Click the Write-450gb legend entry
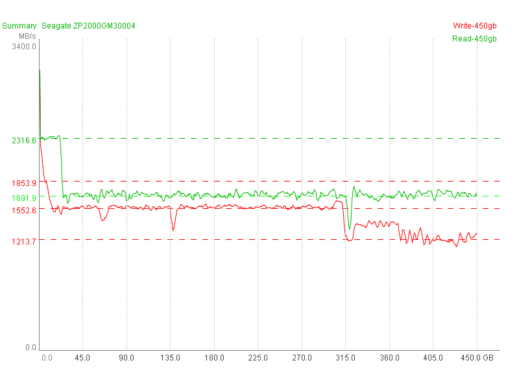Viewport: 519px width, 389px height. point(474,26)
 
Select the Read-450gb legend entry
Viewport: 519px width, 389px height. point(474,39)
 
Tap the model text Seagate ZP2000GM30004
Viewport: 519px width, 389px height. point(88,26)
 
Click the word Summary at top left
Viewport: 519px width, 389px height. point(19,26)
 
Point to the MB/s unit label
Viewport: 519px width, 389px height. point(27,36)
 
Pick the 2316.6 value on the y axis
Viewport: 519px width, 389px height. point(24,141)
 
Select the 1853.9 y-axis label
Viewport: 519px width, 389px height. point(24,183)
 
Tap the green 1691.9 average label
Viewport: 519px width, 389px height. point(24,197)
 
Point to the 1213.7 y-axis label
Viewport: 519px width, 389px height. point(24,242)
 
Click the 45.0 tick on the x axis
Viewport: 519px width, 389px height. point(82,358)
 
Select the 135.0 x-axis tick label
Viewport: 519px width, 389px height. point(170,358)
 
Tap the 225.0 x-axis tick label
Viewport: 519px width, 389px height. point(258,358)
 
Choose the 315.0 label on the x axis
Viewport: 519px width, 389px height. point(345,358)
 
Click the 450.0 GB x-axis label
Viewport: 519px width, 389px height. point(481,358)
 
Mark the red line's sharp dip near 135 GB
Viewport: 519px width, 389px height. point(173,230)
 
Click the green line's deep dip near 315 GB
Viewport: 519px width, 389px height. point(349,229)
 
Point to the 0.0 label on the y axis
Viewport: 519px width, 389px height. point(30,348)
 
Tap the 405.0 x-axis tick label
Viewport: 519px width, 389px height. point(433,358)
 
